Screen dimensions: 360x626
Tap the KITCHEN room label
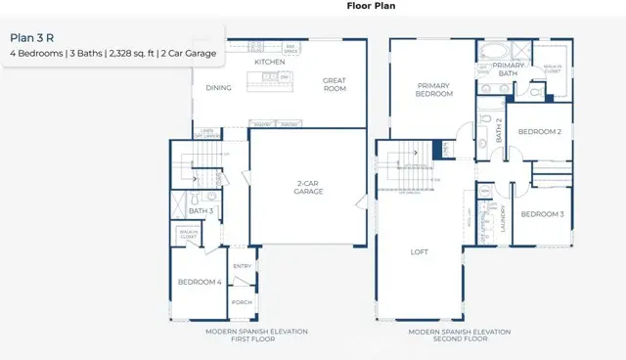269,62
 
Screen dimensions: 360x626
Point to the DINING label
218,88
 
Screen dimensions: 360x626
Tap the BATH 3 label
201,210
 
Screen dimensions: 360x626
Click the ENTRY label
242,266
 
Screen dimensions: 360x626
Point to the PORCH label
242,302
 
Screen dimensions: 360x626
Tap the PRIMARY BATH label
507,69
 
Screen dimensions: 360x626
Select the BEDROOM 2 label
539,131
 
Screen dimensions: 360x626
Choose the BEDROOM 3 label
541,213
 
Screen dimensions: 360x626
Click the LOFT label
419,251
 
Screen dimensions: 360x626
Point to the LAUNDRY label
502,216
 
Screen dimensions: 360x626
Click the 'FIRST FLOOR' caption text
256,339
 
